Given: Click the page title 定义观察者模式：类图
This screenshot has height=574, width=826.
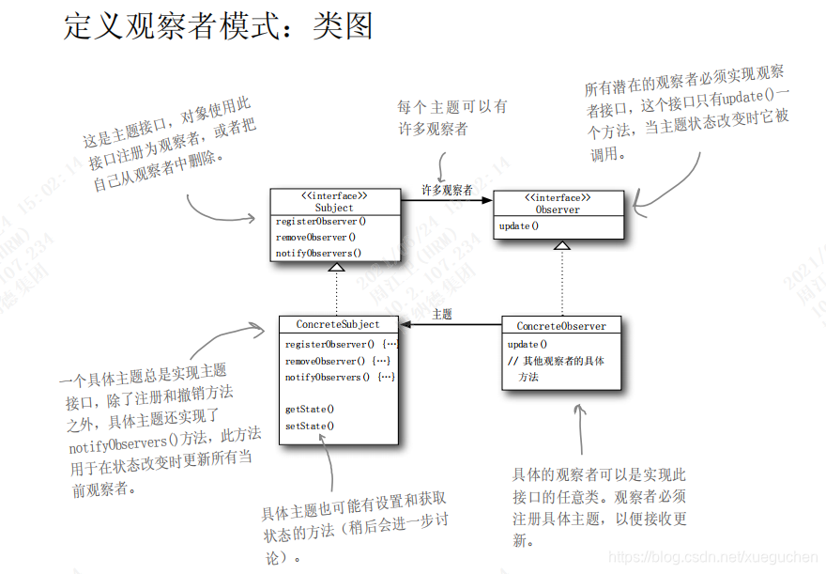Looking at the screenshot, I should (x=218, y=26).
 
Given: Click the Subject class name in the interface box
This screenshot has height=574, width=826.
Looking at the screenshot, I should (x=334, y=208).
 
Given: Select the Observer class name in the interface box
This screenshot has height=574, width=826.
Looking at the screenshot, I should (x=558, y=209).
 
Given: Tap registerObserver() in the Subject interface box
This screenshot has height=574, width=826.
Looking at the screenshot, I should (x=320, y=222).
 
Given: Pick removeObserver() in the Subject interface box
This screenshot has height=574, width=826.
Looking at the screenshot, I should (x=315, y=237).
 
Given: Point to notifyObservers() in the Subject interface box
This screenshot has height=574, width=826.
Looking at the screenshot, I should (x=318, y=253).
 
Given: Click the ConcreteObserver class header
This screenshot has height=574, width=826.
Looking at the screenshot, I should (x=561, y=326).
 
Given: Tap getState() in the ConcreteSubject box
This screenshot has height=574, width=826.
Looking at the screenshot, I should (x=310, y=409).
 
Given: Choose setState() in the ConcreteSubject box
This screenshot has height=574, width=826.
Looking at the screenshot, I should (x=310, y=426).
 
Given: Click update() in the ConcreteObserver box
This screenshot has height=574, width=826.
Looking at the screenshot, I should (x=528, y=344).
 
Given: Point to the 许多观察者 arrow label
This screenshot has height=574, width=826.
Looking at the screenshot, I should (x=447, y=190).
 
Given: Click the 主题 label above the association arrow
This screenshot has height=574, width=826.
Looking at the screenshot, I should (x=442, y=315).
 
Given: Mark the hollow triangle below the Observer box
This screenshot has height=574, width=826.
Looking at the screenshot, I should (x=561, y=246).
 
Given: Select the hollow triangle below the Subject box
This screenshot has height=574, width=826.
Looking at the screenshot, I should (x=336, y=267).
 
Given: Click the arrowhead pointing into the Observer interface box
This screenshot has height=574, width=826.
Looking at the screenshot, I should (x=487, y=200).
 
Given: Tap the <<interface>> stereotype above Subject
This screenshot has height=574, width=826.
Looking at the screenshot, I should (x=334, y=195).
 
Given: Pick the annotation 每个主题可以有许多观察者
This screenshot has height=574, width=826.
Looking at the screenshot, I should (x=452, y=117).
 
